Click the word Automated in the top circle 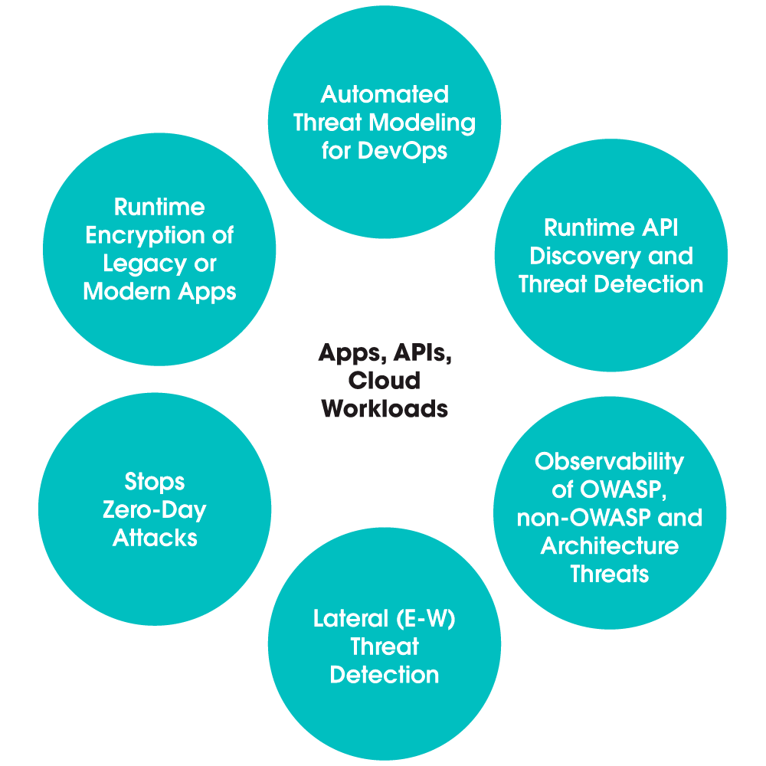click(x=385, y=95)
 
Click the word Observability click(x=609, y=462)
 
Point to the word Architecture click(x=609, y=546)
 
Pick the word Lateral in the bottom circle click(x=349, y=619)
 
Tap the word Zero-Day click(x=155, y=510)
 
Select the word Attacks click(x=155, y=538)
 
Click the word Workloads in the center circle click(x=385, y=408)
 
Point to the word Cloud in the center click(x=385, y=381)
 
